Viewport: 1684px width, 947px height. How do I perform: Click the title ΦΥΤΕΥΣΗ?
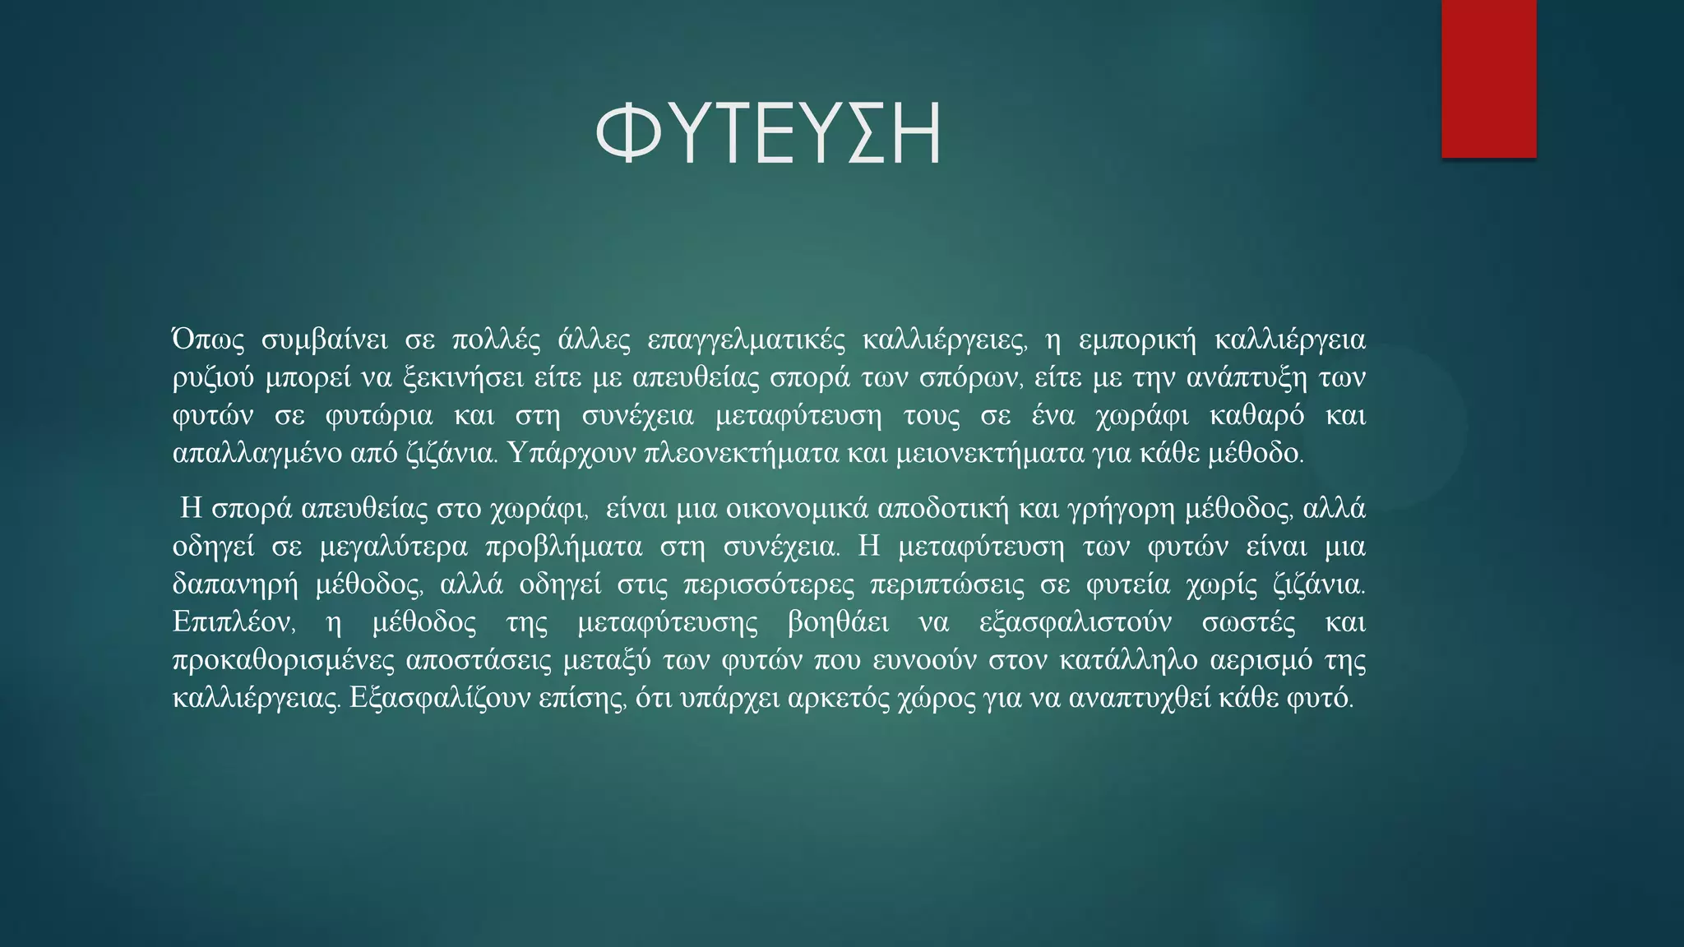pos(768,134)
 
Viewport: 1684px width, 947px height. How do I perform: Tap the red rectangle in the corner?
pos(1488,79)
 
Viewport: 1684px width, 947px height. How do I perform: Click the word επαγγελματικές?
pos(746,340)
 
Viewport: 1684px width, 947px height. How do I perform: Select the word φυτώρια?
pos(378,416)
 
